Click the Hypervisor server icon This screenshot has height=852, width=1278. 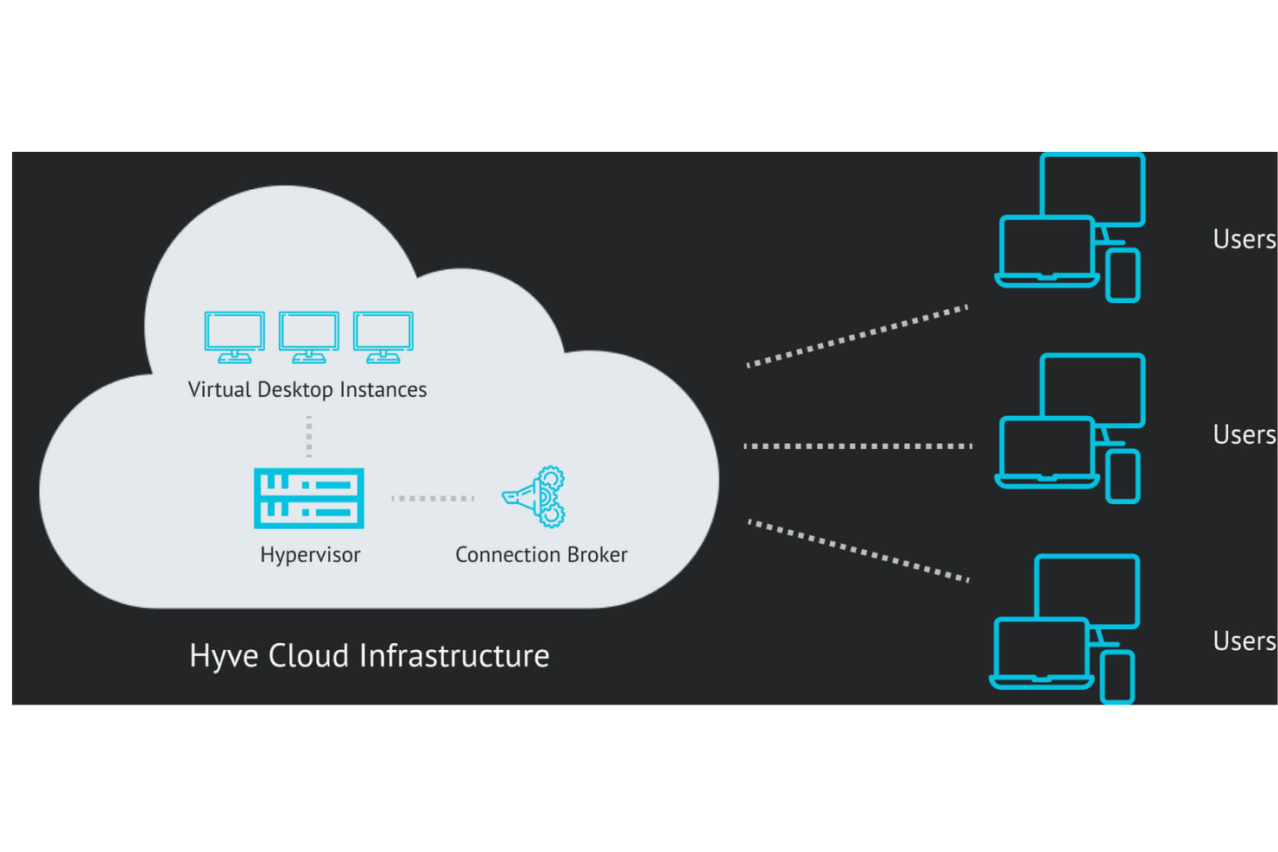309,498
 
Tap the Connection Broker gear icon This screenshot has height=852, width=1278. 535,497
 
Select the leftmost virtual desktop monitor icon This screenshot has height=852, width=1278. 234,337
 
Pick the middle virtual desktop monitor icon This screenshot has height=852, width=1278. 308,337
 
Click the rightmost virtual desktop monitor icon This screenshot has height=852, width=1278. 383,337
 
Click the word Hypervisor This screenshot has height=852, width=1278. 310,555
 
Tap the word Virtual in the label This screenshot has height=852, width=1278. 219,389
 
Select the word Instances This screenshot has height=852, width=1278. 383,389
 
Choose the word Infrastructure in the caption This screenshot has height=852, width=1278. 454,656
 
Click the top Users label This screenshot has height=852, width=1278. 1243,239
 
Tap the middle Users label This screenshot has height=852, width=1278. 1243,434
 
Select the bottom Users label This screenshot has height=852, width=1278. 1243,641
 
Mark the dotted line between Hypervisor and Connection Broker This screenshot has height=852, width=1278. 433,498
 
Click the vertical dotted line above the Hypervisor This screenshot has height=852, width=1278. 309,436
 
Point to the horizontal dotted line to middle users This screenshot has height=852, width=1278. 857,446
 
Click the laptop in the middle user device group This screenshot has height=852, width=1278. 1046,451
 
